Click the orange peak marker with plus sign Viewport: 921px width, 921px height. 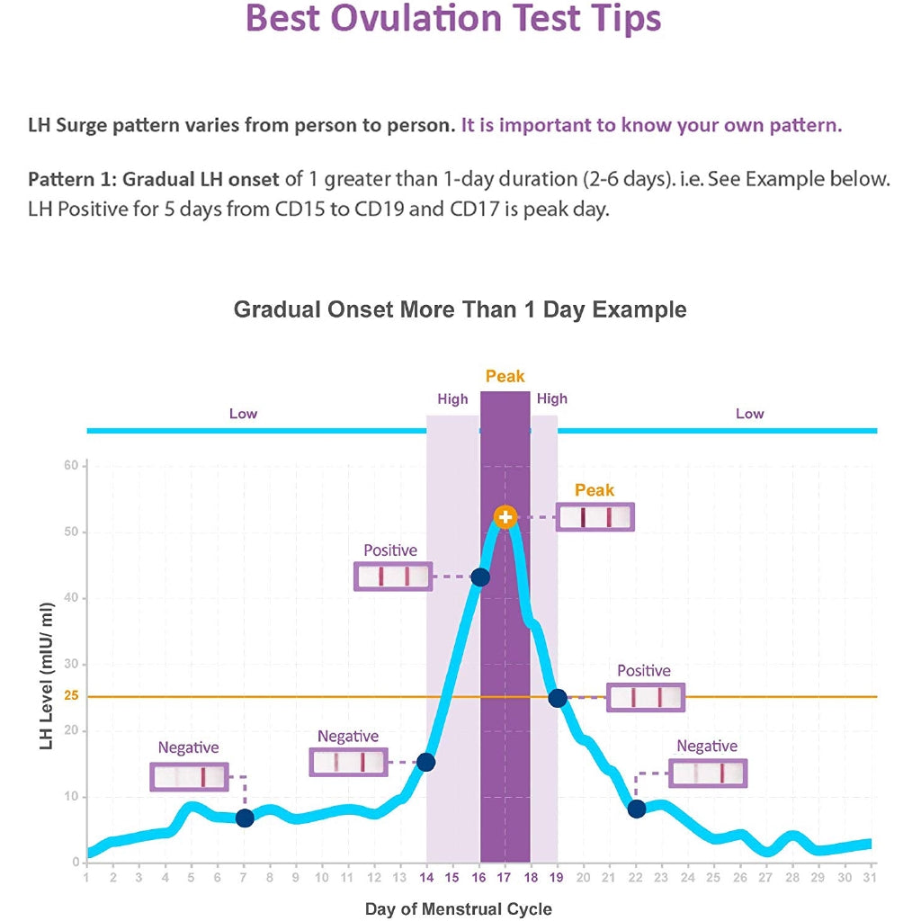(505, 517)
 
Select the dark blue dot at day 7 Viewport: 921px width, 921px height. (245, 818)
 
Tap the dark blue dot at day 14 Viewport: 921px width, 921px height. (426, 763)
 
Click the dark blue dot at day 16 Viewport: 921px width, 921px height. (480, 577)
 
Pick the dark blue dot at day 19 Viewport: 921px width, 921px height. (558, 698)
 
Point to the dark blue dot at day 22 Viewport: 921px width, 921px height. (637, 809)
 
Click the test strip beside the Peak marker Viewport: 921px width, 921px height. (595, 517)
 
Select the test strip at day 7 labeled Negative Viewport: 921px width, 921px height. (190, 777)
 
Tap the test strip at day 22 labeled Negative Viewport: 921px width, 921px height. (709, 773)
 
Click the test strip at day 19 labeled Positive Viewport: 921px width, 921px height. (646, 698)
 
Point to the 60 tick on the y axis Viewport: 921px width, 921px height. (71, 465)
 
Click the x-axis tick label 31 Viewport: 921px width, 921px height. (869, 878)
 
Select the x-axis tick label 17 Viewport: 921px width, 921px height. (505, 878)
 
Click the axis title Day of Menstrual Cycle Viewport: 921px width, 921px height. (459, 909)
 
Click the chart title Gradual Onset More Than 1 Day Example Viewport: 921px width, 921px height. (460, 310)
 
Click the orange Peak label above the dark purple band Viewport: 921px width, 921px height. (505, 377)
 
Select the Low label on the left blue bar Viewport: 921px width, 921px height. (243, 414)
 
